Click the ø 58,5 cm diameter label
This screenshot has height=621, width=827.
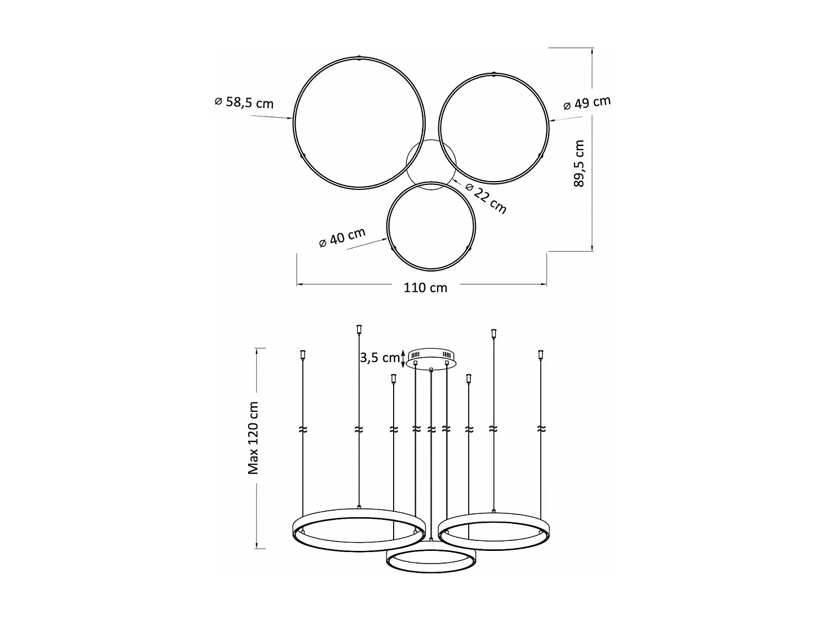click(x=244, y=103)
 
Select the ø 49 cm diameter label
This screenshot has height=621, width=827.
click(x=587, y=103)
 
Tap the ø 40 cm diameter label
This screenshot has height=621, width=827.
click(x=342, y=237)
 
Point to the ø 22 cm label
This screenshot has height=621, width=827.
click(x=486, y=198)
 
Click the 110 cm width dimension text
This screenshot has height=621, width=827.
click(x=425, y=288)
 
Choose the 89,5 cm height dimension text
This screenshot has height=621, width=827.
click(x=578, y=163)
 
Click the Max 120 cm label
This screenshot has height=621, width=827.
click(x=253, y=438)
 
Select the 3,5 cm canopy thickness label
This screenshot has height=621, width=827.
click(x=379, y=358)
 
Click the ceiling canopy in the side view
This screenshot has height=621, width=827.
click(x=431, y=358)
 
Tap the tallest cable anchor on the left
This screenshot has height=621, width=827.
click(x=359, y=330)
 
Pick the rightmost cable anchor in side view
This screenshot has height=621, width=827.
click(x=541, y=354)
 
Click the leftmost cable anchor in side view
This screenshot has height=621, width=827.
click(x=302, y=354)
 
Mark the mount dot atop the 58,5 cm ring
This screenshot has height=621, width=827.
click(x=359, y=57)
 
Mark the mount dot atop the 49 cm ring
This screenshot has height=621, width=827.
click(x=494, y=73)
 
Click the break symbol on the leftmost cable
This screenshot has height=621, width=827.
click(x=302, y=429)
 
